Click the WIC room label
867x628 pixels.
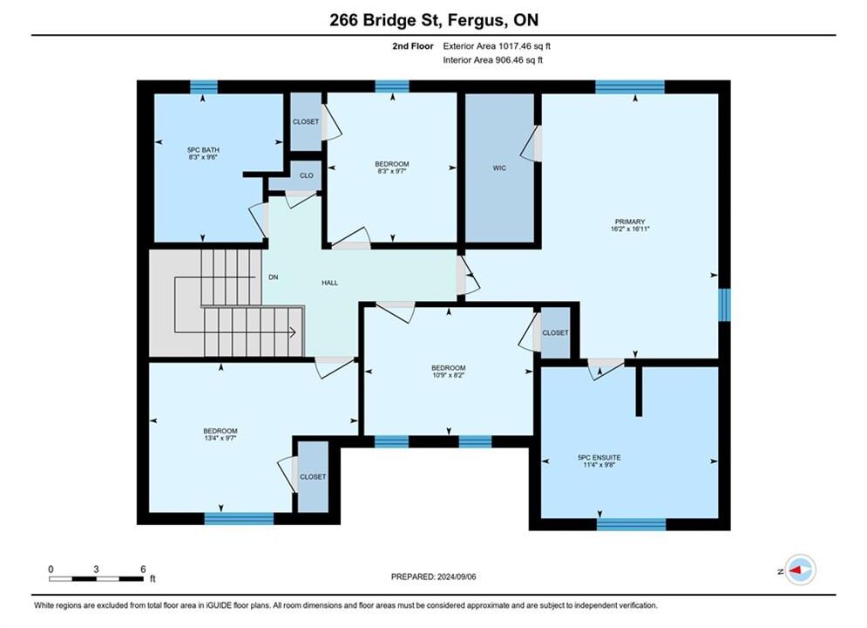(499, 167)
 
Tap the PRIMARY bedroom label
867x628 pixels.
(630, 222)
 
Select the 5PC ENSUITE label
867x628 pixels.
(599, 458)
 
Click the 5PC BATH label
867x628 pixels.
(203, 150)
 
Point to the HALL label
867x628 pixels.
(329, 283)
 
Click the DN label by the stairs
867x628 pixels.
(273, 277)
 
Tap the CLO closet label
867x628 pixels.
(307, 175)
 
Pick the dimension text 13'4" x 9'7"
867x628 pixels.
(220, 438)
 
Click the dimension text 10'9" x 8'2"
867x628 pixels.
(449, 375)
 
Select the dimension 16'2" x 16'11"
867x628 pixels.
(630, 229)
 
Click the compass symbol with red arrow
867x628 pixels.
(800, 570)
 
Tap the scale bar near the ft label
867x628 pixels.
(96, 579)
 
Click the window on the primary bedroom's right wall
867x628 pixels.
(724, 304)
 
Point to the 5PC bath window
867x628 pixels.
(204, 87)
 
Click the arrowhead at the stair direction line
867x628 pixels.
(294, 332)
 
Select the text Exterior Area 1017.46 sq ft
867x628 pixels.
(497, 46)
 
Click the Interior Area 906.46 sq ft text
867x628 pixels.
(492, 60)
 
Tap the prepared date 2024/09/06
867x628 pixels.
(457, 577)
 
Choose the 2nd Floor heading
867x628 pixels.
(413, 46)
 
